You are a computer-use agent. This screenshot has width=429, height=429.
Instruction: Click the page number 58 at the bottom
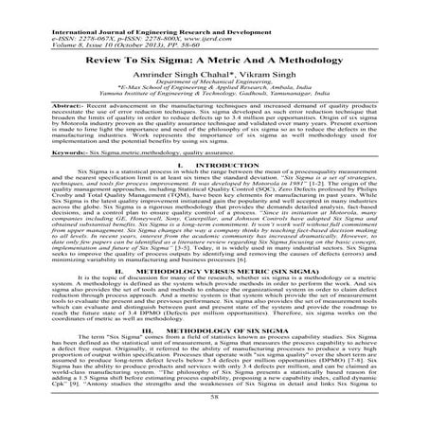(x=214, y=415)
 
